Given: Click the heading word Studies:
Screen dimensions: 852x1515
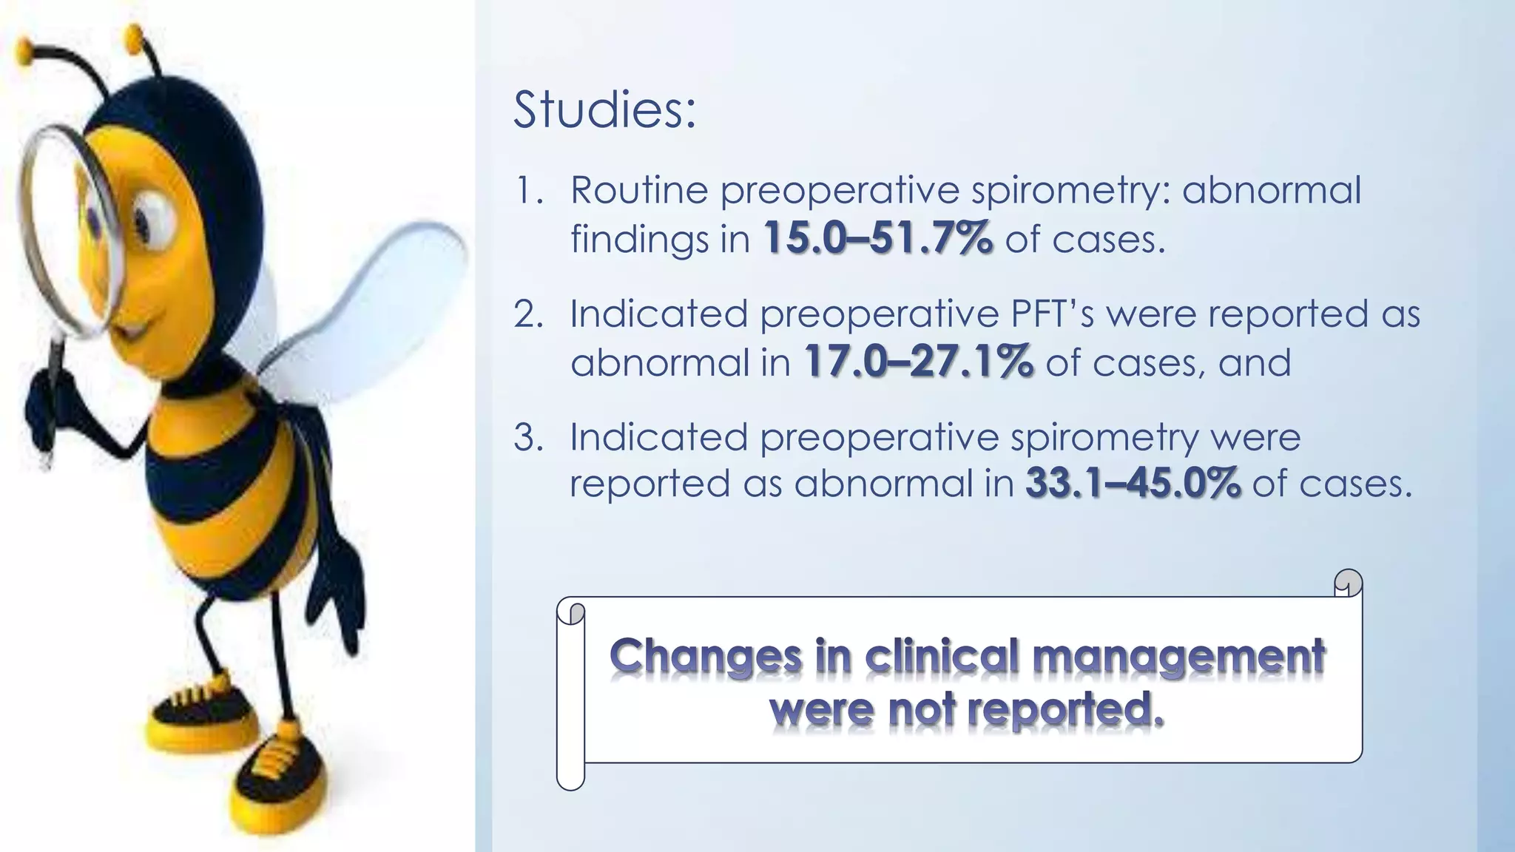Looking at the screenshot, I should [x=604, y=110].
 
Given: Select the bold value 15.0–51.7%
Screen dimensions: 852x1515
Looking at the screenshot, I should [x=877, y=239].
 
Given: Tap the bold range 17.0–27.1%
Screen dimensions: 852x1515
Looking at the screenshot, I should [x=918, y=362].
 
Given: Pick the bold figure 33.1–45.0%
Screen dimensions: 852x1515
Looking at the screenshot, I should [x=1133, y=484].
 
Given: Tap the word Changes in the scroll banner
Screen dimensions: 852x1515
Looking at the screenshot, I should [x=706, y=657].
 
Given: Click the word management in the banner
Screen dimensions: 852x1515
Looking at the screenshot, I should [x=1178, y=657].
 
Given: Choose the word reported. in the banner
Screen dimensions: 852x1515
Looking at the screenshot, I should [x=1065, y=710].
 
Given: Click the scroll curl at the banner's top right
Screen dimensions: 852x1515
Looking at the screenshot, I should [x=1349, y=584].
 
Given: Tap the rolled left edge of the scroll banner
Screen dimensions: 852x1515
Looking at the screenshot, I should [x=570, y=695].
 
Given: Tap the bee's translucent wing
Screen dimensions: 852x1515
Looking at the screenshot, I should [x=370, y=311].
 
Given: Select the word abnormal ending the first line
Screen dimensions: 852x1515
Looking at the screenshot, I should [x=1271, y=190].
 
